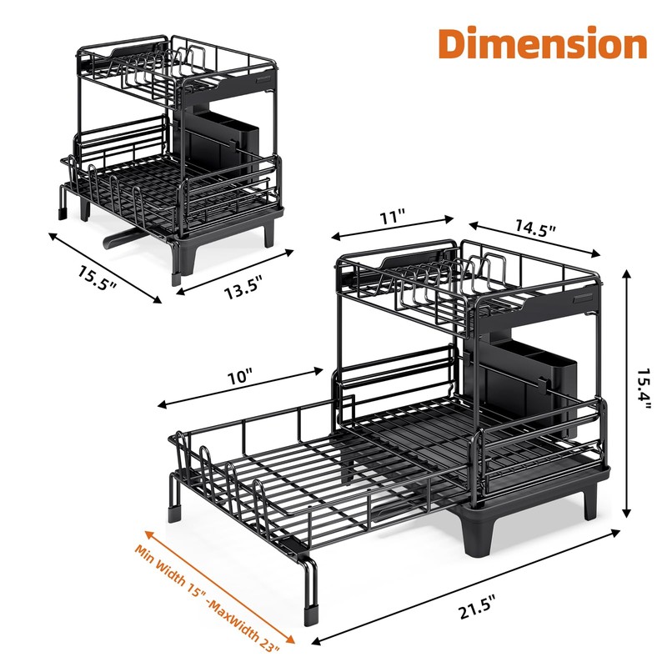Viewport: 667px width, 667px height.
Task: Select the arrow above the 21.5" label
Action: [x=467, y=588]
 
